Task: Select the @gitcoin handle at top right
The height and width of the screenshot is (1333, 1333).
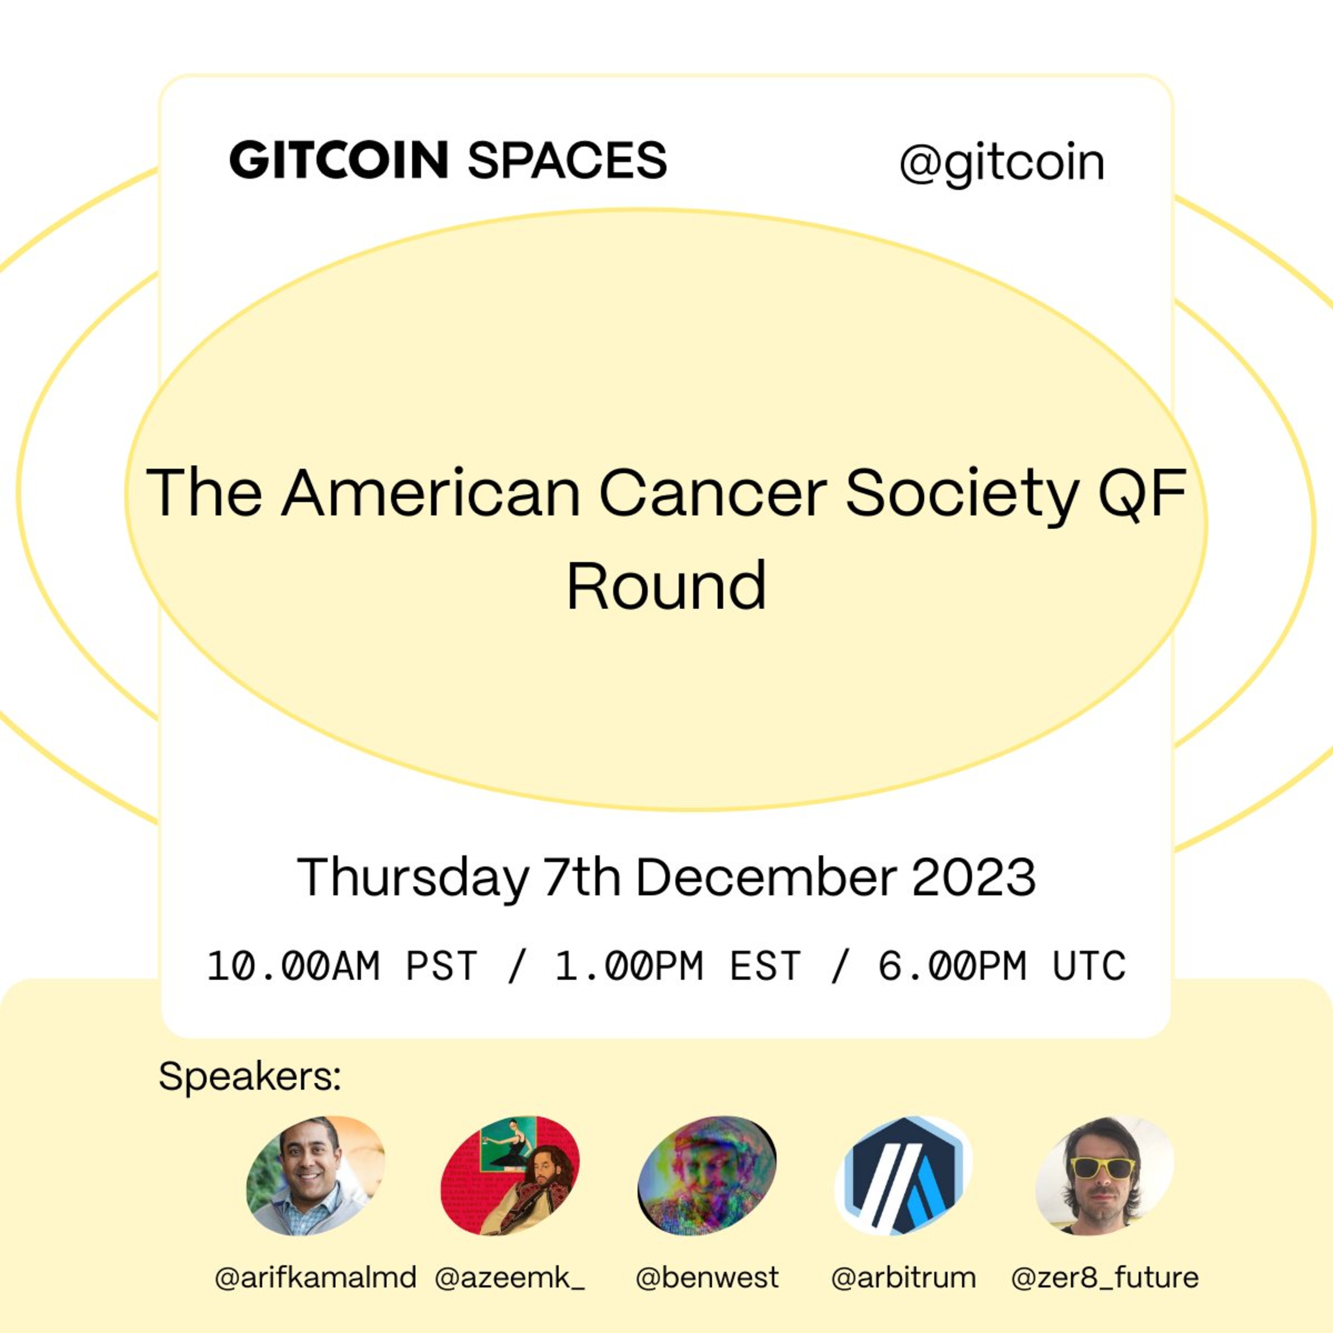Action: pos(1002,164)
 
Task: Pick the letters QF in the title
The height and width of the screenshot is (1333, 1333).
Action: pos(1142,494)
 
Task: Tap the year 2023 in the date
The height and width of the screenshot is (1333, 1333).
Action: pos(974,878)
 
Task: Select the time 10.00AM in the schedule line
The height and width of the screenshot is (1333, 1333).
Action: pos(294,966)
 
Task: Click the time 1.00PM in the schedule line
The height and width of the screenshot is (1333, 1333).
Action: pos(629,966)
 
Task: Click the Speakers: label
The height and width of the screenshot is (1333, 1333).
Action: pos(250,1076)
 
